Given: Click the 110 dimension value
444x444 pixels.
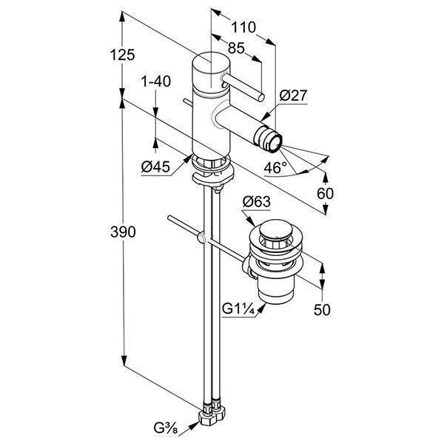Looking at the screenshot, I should [x=243, y=27].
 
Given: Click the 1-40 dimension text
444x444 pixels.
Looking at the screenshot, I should [x=155, y=81].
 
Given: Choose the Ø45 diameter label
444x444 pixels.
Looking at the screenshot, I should [x=155, y=167].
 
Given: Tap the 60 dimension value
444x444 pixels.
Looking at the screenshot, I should [x=326, y=193].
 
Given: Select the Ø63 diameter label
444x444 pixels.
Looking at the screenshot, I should [x=256, y=201].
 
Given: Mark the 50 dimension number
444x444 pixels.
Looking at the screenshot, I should [x=323, y=310].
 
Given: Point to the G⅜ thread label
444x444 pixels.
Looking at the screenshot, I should [x=164, y=428].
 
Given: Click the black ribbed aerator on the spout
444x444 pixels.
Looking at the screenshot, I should [x=266, y=138].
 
